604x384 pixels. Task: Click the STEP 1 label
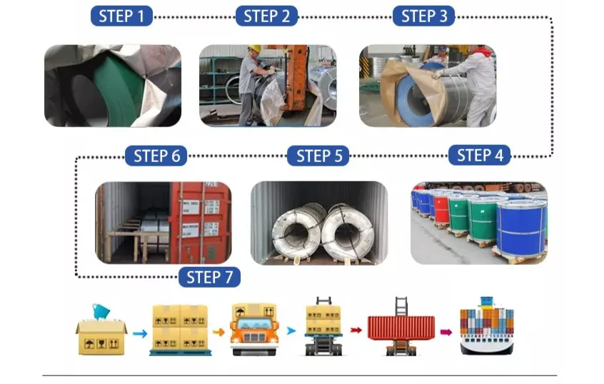coord(121,16)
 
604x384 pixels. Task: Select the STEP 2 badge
coord(266,16)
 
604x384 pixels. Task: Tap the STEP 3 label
coord(423,16)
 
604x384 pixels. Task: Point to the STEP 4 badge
coord(480,155)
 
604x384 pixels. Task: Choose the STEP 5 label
coord(318,156)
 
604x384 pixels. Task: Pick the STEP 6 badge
coord(156,156)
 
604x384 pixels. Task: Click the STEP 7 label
coord(210,277)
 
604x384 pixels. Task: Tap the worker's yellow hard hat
coord(254,49)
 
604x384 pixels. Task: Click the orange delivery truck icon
coord(255,329)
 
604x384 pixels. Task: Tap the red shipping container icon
coord(401,327)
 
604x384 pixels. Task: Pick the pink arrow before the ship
coord(446,332)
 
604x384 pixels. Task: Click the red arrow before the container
coord(356,330)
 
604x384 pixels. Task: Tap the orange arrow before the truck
coord(218,332)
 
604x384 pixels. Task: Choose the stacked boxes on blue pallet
coord(181,330)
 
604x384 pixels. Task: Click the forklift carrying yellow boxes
coord(323,327)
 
